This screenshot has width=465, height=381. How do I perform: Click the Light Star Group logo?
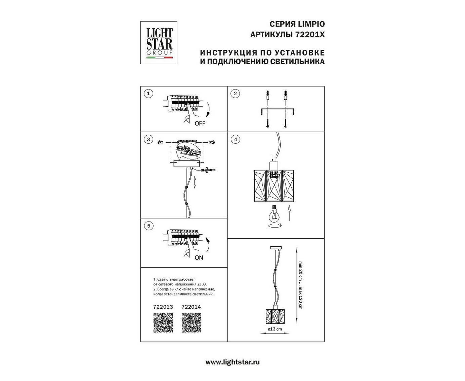tap(159, 43)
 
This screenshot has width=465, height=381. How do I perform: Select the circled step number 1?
tap(148, 94)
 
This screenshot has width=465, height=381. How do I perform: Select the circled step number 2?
tap(235, 94)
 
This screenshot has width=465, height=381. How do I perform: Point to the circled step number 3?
tap(148, 139)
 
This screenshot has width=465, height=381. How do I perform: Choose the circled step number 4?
tap(236, 139)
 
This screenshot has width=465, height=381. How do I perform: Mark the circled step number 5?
tap(149, 226)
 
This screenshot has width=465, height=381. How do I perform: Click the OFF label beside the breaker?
tap(200, 124)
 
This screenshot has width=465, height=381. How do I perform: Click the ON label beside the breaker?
tap(199, 258)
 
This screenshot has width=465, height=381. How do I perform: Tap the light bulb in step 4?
tap(273, 214)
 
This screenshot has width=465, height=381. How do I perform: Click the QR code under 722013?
tap(163, 323)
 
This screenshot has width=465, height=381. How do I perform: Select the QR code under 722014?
tap(191, 323)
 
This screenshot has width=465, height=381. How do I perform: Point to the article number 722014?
tap(191, 307)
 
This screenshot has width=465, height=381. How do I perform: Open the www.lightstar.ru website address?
tap(232, 362)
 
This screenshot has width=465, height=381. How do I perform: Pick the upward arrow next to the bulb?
tap(289, 213)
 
